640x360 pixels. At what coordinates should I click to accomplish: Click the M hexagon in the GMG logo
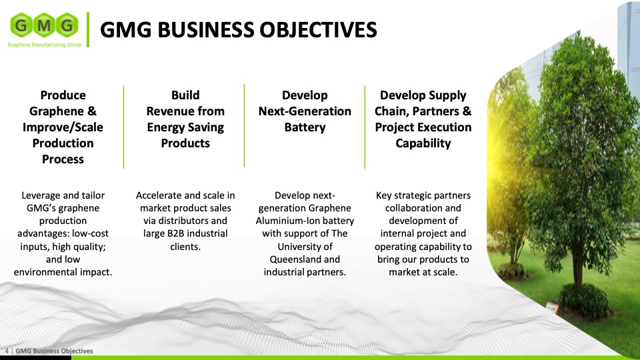pos(44,26)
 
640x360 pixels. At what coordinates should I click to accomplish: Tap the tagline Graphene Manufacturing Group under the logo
pos(45,45)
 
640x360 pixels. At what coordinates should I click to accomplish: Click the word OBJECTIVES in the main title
pos(318,30)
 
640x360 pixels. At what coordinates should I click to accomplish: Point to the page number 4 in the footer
pos(7,351)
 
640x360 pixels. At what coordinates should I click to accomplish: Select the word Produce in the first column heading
pos(63,95)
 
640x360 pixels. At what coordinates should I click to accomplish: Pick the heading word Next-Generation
pos(305,111)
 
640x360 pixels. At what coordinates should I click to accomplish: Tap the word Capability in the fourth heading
pos(423,143)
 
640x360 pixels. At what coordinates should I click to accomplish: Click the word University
pos(305,247)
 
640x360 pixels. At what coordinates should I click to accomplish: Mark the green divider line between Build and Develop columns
pos(244,126)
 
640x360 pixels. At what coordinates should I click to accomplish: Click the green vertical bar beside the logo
pos(88,30)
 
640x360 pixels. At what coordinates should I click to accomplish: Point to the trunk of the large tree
pos(577,261)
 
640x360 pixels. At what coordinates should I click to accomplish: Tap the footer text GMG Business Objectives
pos(54,351)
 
